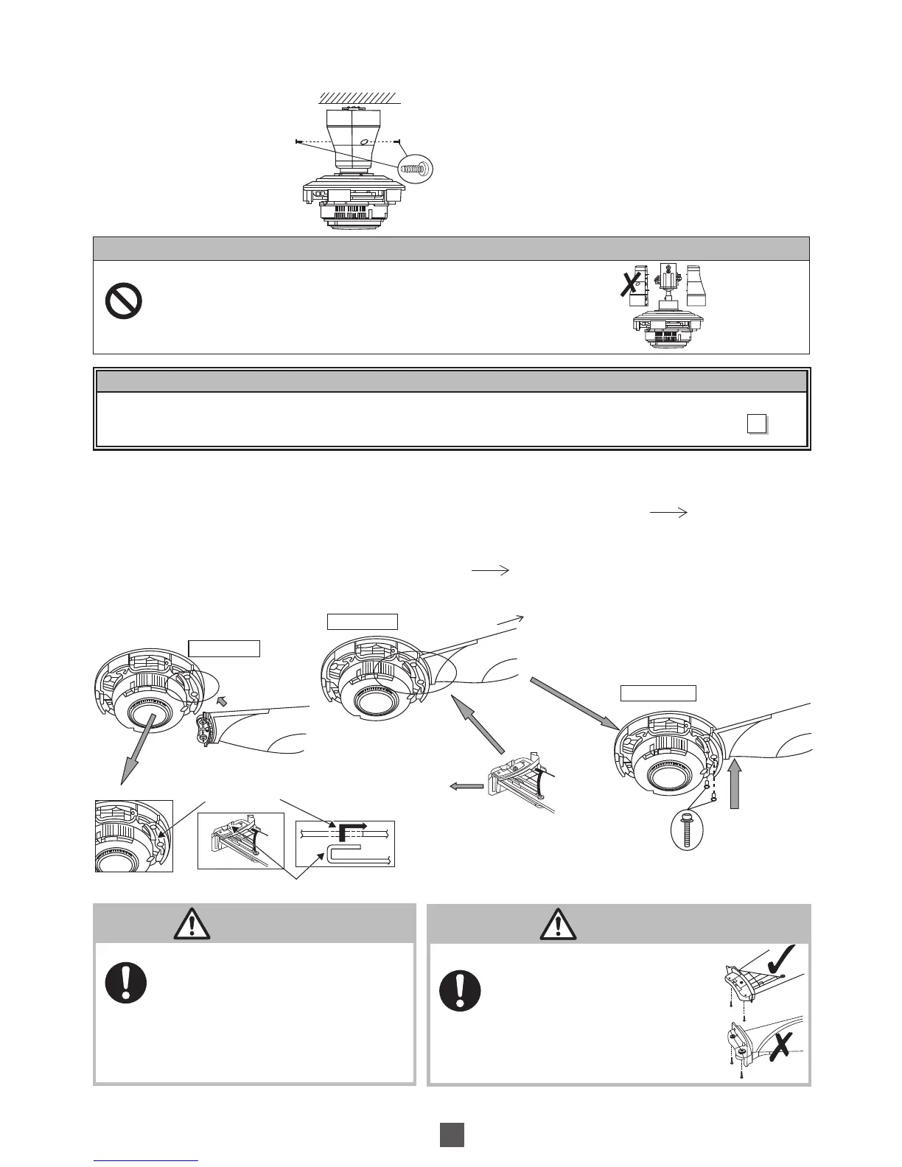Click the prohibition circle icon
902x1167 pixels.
click(124, 302)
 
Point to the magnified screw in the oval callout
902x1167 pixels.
click(415, 169)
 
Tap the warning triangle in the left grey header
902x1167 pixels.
click(192, 922)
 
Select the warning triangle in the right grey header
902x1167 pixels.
click(558, 922)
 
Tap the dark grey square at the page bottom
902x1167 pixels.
click(452, 1135)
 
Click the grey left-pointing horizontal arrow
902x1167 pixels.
click(466, 786)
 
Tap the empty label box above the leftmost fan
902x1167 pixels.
click(224, 648)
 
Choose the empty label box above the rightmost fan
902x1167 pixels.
click(658, 693)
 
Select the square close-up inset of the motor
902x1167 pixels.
click(134, 836)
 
